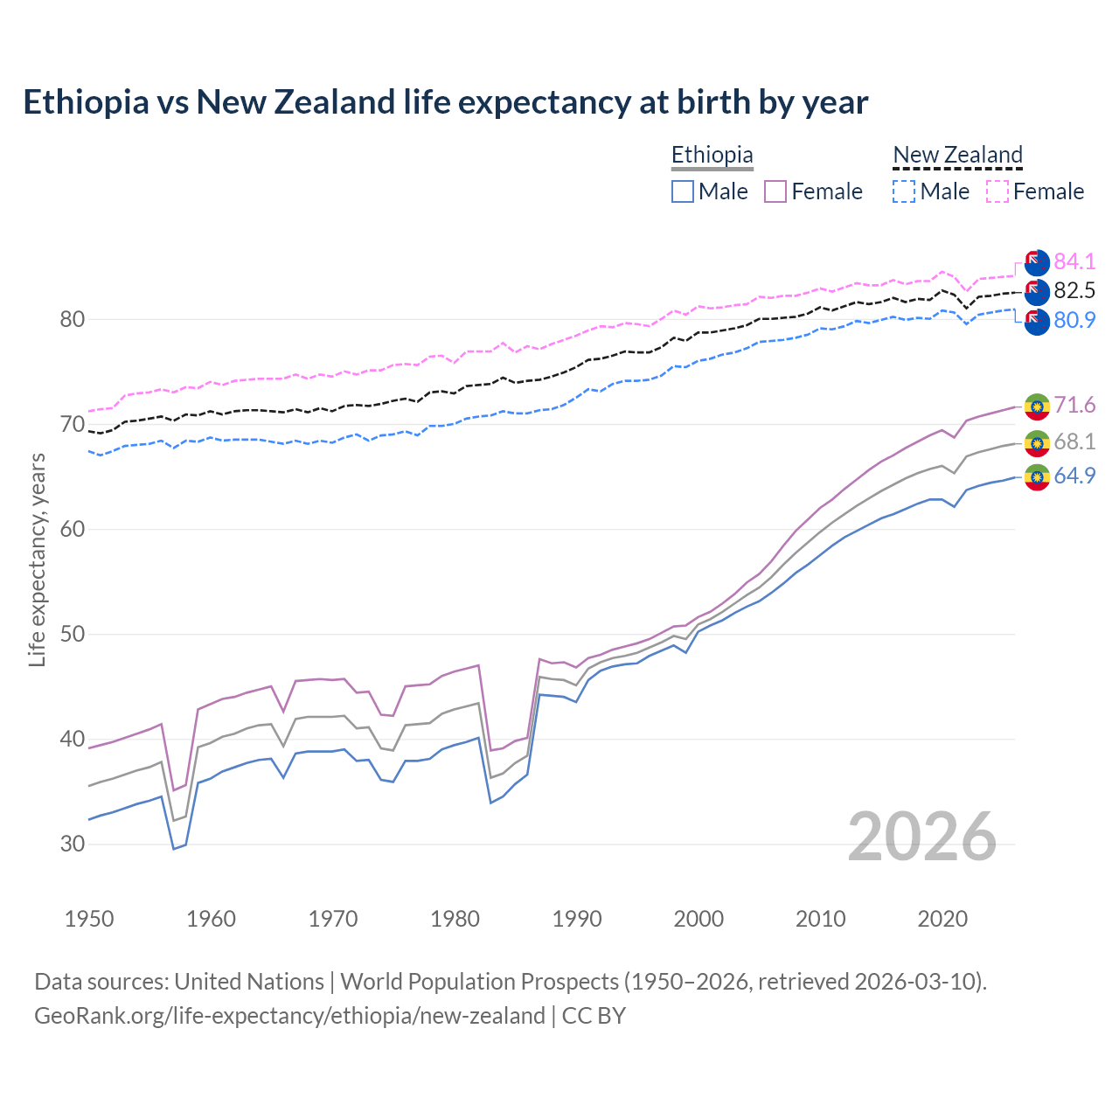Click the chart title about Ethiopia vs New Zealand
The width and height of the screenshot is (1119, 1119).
pos(445,102)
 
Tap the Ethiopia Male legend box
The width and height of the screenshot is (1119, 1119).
pos(683,191)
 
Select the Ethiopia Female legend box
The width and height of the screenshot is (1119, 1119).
pos(775,191)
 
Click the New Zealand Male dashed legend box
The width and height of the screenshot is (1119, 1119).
pos(904,191)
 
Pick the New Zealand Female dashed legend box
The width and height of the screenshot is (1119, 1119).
pos(997,191)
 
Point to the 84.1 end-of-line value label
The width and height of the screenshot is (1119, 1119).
pos(1074,261)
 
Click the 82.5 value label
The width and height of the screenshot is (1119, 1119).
pos(1074,291)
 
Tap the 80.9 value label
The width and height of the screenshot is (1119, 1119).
pos(1074,321)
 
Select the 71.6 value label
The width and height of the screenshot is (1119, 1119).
pos(1074,405)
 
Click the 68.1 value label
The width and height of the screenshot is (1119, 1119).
pos(1074,442)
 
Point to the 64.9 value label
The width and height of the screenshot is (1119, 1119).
pos(1074,476)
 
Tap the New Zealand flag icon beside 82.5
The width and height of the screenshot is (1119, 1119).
pos(1037,292)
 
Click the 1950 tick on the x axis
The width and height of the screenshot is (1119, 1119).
pos(89,919)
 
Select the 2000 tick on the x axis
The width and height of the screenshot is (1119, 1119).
pos(699,919)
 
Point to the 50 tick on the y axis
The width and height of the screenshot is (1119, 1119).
pos(73,634)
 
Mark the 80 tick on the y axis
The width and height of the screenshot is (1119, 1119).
pos(73,319)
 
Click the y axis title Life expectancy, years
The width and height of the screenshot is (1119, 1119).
pos(38,559)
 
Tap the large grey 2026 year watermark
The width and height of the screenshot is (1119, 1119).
pos(922,837)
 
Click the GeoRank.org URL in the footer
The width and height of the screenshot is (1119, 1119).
pos(289,1016)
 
